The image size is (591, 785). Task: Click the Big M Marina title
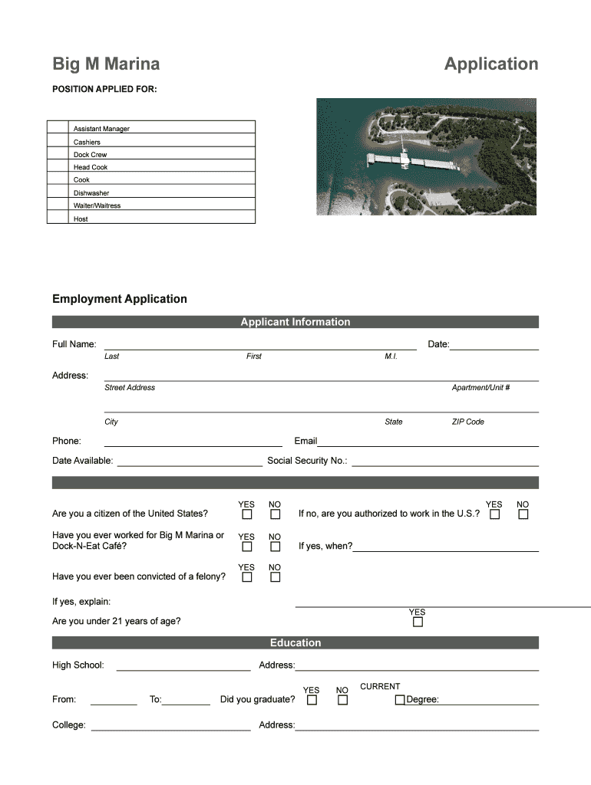tap(106, 64)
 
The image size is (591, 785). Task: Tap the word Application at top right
tap(491, 64)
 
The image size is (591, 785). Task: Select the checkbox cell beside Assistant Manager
tap(58, 128)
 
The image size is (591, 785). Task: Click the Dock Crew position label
tap(90, 155)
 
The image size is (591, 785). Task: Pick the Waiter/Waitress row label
tap(97, 205)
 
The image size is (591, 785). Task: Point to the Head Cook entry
tap(91, 167)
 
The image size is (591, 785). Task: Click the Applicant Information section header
tap(295, 322)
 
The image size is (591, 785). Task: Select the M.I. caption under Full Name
tap(391, 356)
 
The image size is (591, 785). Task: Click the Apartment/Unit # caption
tap(480, 388)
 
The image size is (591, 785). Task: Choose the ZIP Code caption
tap(467, 422)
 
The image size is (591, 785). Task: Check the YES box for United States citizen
tap(247, 514)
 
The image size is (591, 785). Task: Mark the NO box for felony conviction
tap(275, 577)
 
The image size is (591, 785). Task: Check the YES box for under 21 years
tap(418, 622)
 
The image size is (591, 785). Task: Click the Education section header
tap(295, 642)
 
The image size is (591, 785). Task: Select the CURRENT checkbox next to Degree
tap(400, 700)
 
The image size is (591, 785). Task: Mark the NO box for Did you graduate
tap(343, 700)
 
